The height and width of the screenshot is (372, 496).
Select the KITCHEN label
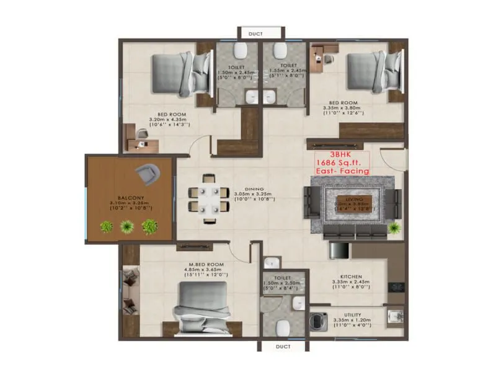(x=350, y=276)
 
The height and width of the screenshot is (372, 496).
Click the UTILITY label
(x=351, y=315)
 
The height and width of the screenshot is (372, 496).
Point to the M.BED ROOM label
(x=206, y=264)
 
